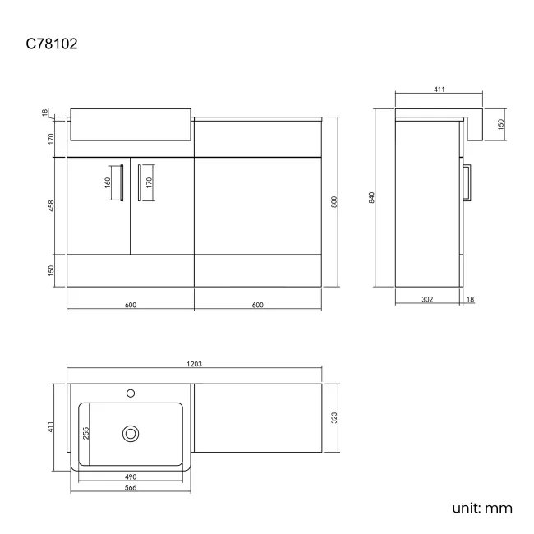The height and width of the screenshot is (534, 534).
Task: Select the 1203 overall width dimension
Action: [x=196, y=364]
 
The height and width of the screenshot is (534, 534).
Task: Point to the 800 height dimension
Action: [x=334, y=202]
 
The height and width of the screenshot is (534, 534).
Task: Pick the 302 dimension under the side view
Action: [x=426, y=300]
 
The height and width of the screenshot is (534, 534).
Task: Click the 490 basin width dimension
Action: [x=131, y=476]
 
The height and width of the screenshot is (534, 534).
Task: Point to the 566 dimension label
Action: [x=131, y=487]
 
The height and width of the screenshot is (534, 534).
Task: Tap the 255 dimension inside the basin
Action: [x=85, y=432]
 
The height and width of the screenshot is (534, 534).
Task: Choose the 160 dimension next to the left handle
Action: [x=108, y=182]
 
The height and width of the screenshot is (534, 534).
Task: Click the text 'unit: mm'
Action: [x=481, y=508]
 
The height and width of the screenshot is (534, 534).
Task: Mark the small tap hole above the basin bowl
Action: [x=131, y=394]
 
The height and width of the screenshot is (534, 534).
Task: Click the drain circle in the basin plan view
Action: [x=130, y=433]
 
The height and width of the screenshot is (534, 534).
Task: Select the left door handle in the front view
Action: [x=122, y=182]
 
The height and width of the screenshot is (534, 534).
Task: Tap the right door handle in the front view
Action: [x=139, y=182]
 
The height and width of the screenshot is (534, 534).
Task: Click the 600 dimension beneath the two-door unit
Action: [x=130, y=305]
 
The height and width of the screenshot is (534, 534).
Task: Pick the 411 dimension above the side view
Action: [x=440, y=89]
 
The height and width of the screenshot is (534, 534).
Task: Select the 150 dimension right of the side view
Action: [x=500, y=124]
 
